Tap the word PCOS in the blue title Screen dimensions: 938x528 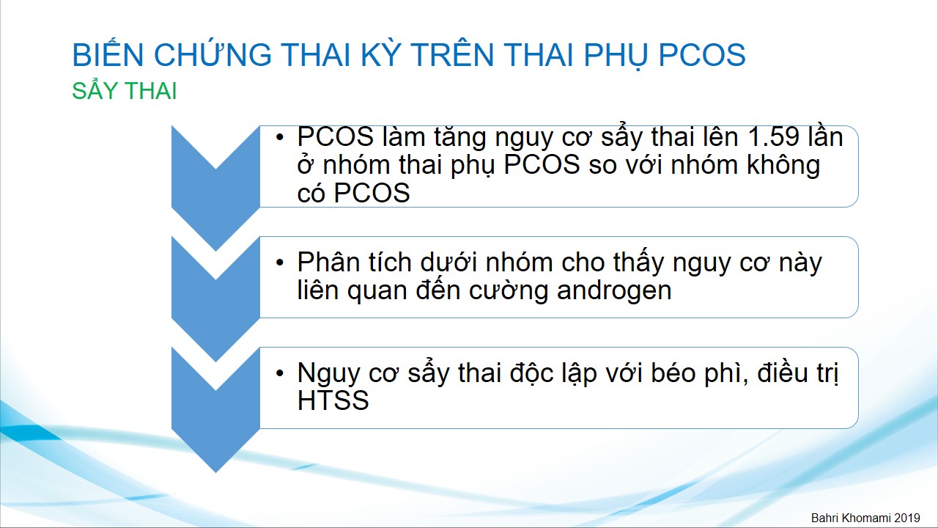(x=702, y=55)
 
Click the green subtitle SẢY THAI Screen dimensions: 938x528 (x=125, y=90)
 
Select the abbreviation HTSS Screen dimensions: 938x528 (x=333, y=400)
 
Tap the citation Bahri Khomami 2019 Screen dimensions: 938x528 (x=865, y=518)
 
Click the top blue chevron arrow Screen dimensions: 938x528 (x=215, y=188)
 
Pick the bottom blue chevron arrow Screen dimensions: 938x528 (x=215, y=409)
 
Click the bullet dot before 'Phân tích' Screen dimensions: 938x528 (x=280, y=263)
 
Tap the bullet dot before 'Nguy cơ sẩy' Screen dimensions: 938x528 (x=280, y=373)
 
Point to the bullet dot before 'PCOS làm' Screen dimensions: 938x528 (x=280, y=137)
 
